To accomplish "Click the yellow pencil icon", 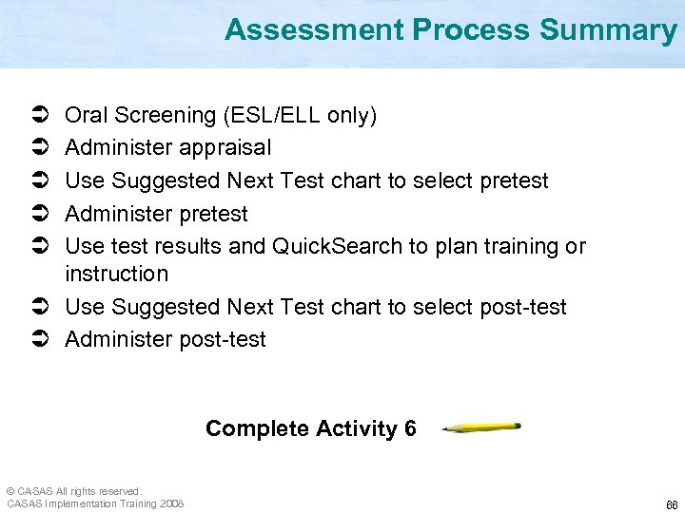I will point(481,427).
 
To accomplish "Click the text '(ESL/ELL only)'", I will point(300,116).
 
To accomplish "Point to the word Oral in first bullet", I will point(86,116).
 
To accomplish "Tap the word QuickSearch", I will point(337,246).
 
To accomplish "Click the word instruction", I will point(116,275).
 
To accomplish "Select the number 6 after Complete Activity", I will point(409,428).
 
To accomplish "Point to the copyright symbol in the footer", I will point(10,491).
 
